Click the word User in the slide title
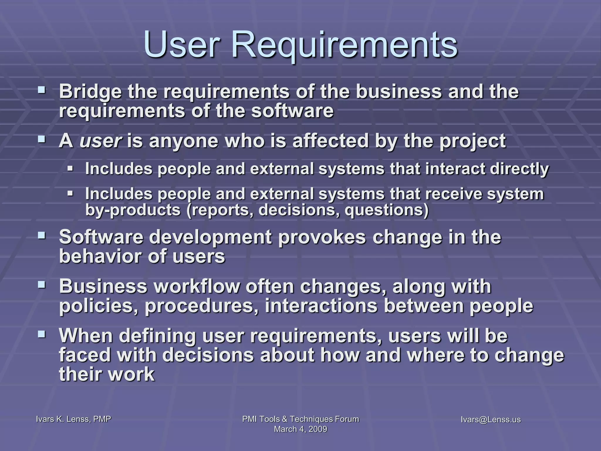[x=181, y=45]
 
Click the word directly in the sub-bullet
[x=519, y=169]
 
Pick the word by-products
[x=133, y=210]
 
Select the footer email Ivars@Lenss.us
[x=491, y=420]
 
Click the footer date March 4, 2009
[x=300, y=429]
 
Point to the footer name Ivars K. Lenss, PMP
[x=73, y=419]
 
